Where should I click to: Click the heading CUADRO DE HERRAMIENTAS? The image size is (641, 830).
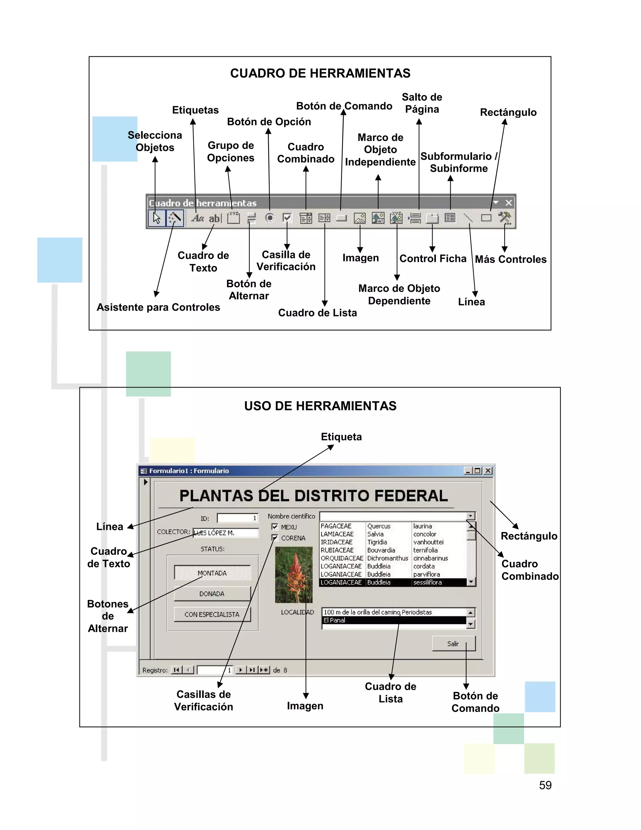point(320,73)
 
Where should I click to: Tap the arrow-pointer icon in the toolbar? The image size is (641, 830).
point(156,218)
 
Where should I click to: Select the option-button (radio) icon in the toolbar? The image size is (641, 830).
point(269,218)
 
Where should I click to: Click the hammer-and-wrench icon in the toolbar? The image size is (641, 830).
point(505,218)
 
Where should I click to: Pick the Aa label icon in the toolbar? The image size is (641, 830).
point(197,218)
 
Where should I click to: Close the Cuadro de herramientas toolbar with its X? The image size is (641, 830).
point(509,203)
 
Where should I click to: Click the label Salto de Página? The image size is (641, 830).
point(422,103)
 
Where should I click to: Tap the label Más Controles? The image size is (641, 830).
point(511,259)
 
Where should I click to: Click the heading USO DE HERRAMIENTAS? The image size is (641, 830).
point(320,406)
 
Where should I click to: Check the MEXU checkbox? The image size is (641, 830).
point(275,527)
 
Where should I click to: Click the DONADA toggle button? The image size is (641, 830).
point(212,594)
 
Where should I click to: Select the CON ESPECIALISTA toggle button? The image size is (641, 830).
point(212,614)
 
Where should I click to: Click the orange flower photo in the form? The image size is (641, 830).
point(294,575)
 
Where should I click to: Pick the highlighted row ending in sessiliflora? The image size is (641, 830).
point(393,582)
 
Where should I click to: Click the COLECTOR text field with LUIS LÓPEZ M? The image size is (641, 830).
point(226,533)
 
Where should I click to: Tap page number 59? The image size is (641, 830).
point(545,785)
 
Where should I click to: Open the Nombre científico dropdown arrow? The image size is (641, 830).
point(471,516)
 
